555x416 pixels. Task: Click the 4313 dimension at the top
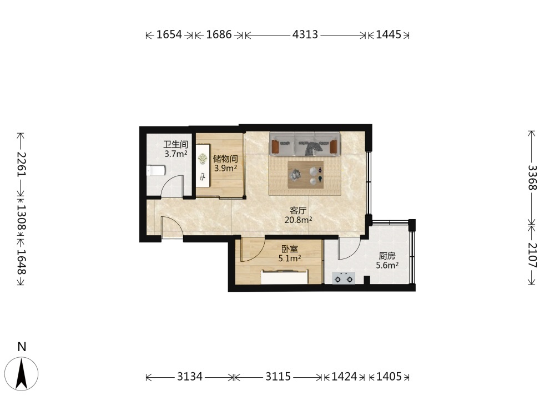[x=305, y=34]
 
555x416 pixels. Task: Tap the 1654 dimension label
[x=169, y=34]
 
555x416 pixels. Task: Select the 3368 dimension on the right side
[x=532, y=177]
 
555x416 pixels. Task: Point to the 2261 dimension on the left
[x=21, y=164]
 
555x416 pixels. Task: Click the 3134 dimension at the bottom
[x=190, y=377]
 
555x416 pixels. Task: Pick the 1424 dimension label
[x=344, y=377]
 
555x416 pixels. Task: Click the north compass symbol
[x=22, y=373]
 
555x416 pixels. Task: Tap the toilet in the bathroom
[x=156, y=171]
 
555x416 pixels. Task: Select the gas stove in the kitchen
[x=344, y=278]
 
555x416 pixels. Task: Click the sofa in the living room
[x=305, y=144]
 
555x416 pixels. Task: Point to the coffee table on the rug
[x=305, y=175]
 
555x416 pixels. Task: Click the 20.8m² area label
[x=299, y=220]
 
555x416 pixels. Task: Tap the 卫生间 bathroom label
[x=175, y=144]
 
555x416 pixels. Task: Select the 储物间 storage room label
[x=225, y=159]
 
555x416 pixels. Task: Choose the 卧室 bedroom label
[x=290, y=249]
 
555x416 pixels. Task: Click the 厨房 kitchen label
[x=387, y=256]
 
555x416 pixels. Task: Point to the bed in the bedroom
[x=285, y=277]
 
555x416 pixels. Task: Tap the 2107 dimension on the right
[x=532, y=255]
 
